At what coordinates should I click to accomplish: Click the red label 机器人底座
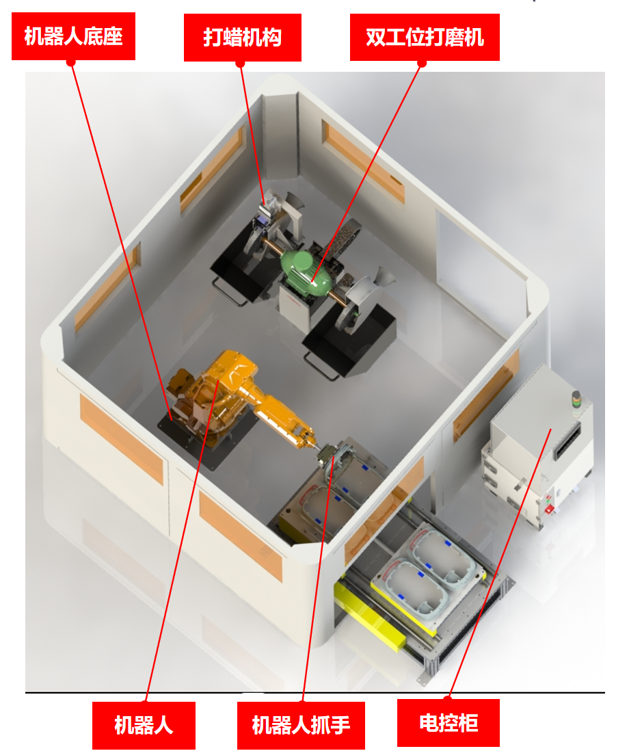(73, 36)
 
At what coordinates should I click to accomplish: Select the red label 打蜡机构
(242, 38)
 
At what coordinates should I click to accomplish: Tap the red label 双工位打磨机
(425, 38)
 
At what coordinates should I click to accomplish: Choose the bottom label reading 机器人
(144, 725)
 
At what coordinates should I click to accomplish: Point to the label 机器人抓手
(301, 725)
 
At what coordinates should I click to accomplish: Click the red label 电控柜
(449, 723)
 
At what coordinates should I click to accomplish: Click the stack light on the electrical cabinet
(576, 399)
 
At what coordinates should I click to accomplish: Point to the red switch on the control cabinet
(550, 509)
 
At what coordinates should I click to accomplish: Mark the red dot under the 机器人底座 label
(71, 62)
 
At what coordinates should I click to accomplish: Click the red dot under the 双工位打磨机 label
(422, 63)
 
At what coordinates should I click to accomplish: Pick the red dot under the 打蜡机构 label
(240, 64)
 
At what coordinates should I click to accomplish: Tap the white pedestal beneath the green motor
(297, 311)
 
